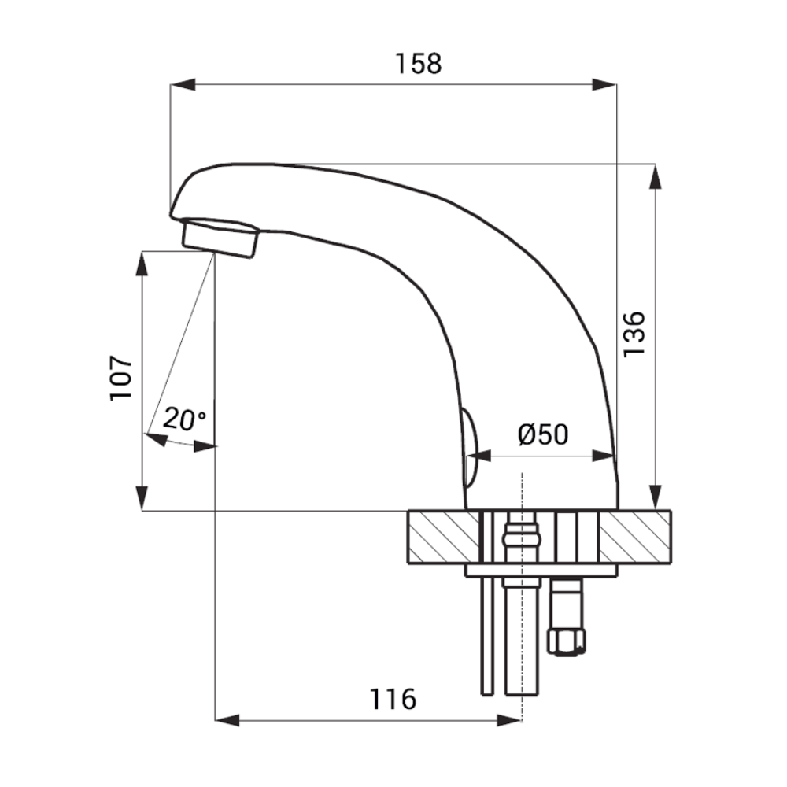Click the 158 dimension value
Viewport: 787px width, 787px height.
click(x=418, y=64)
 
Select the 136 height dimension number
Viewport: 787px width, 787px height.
click(x=634, y=334)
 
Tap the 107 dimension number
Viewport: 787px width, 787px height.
click(x=120, y=378)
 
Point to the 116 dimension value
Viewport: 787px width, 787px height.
click(x=393, y=699)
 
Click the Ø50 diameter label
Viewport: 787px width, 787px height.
click(x=543, y=434)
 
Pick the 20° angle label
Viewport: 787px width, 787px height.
click(x=183, y=419)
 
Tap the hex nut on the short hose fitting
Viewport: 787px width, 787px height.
click(x=566, y=642)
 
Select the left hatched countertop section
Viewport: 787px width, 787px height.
click(x=443, y=537)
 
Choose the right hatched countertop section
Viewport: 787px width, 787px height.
click(x=635, y=537)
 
